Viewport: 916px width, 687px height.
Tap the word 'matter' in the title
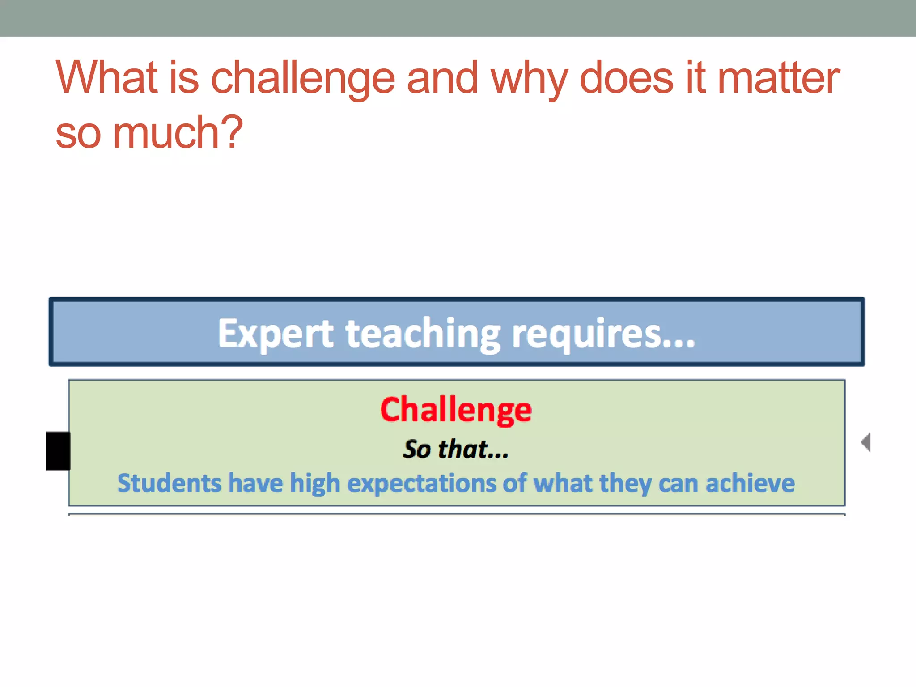point(778,78)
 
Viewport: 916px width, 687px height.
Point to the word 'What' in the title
point(107,78)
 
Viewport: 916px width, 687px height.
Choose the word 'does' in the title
point(626,78)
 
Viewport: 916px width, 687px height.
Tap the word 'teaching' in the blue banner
point(423,334)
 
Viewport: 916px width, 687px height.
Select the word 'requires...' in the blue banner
point(603,334)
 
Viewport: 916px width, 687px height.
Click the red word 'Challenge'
point(456,410)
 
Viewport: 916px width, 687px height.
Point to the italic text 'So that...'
point(456,449)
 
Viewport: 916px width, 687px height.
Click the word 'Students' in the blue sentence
point(169,483)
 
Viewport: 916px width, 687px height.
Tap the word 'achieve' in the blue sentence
point(750,483)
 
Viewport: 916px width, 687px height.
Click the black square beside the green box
point(58,451)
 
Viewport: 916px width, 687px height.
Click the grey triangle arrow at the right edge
point(866,442)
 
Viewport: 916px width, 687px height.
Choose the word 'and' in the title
point(442,78)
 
